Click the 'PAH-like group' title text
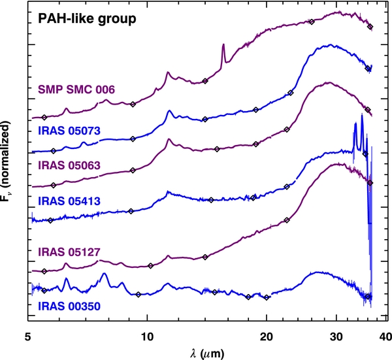(87, 19)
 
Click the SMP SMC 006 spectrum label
(76, 90)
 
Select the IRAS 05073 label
(69, 131)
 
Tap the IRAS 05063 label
(69, 165)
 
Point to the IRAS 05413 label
(69, 201)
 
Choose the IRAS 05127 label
(69, 252)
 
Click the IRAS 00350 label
(69, 306)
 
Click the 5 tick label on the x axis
(27, 336)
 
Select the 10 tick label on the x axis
(147, 336)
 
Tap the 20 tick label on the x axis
(267, 336)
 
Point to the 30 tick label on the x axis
(336, 336)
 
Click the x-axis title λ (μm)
(207, 353)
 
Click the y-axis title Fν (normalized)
(5, 161)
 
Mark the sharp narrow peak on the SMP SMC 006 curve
(223, 44)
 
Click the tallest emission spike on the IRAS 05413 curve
(362, 114)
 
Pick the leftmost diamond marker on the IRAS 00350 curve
(44, 291)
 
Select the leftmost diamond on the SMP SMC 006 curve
(44, 117)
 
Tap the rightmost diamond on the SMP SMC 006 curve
(370, 27)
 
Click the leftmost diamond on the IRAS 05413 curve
(50, 220)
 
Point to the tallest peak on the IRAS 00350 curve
(105, 274)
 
